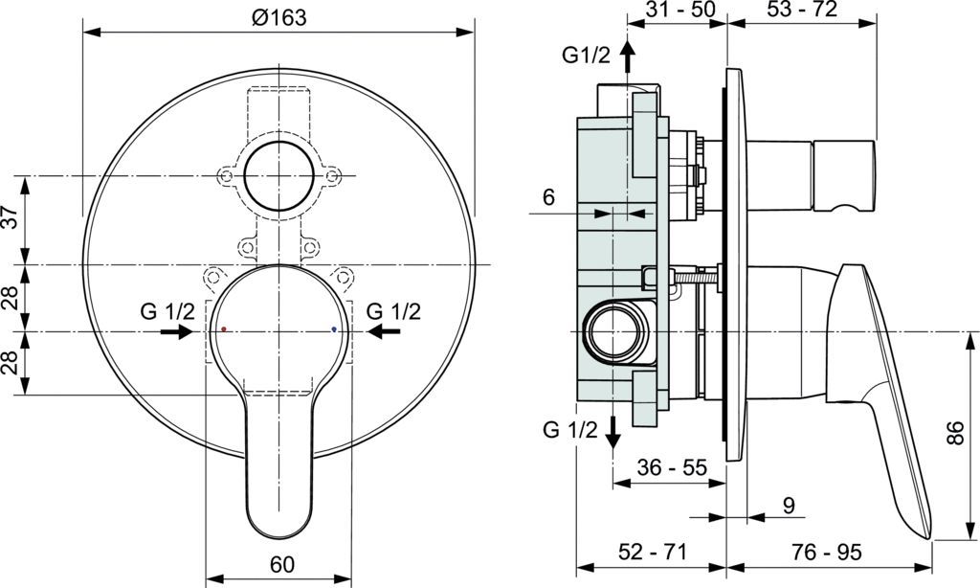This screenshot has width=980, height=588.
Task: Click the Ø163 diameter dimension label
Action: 280,18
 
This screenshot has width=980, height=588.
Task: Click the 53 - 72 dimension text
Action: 802,11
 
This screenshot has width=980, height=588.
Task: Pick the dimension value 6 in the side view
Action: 548,197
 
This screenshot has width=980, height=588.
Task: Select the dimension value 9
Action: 788,504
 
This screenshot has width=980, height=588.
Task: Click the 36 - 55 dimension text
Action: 672,468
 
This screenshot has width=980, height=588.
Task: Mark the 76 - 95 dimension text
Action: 827,553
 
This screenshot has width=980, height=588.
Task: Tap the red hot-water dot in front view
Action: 224,328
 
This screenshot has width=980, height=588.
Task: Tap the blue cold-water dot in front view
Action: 333,328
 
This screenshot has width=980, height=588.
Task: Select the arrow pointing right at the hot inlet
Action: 175,331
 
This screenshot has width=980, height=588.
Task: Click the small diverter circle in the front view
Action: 279,176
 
